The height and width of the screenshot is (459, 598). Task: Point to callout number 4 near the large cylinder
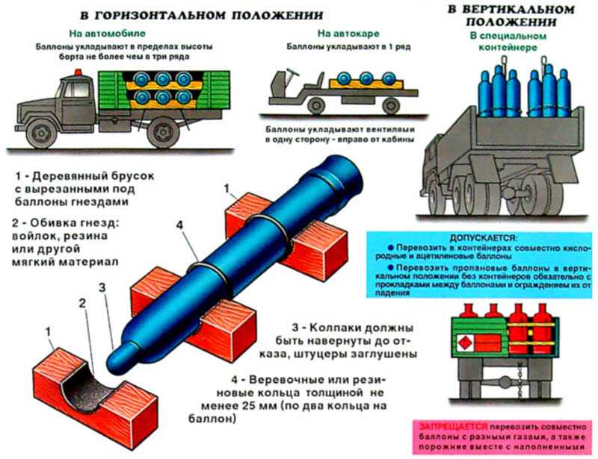tap(177, 223)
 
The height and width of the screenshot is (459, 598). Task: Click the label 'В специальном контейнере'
tap(501, 41)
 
